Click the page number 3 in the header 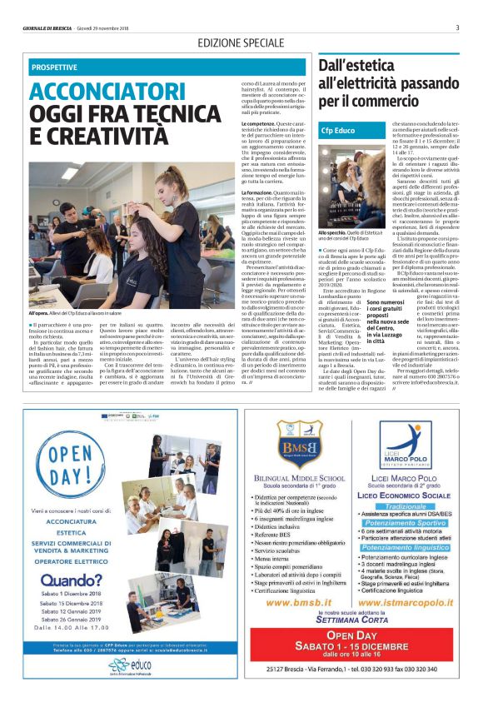pyautogui.click(x=457, y=27)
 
